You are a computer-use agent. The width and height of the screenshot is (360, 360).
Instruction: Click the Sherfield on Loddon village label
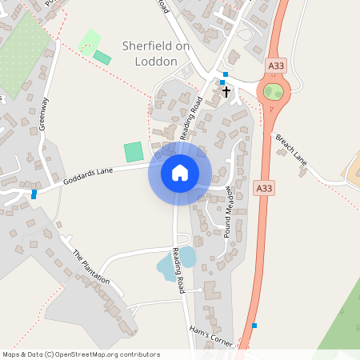click(x=155, y=54)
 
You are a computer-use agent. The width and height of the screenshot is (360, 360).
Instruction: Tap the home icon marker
click(x=180, y=172)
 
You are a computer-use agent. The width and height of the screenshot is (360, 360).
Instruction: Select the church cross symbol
click(x=226, y=91)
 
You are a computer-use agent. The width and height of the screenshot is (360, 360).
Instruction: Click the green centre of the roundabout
click(x=274, y=92)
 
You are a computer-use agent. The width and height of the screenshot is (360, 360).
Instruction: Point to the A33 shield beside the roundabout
click(x=276, y=66)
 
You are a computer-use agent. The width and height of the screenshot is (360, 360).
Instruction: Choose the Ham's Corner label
click(x=210, y=336)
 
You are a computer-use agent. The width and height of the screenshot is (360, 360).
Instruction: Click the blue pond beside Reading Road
click(x=186, y=258)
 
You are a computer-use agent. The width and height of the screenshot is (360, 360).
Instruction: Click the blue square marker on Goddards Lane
click(x=34, y=194)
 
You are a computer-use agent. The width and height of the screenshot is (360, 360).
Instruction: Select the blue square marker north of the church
click(x=225, y=74)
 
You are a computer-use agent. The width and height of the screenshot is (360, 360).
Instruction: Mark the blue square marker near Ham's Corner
click(x=254, y=325)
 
